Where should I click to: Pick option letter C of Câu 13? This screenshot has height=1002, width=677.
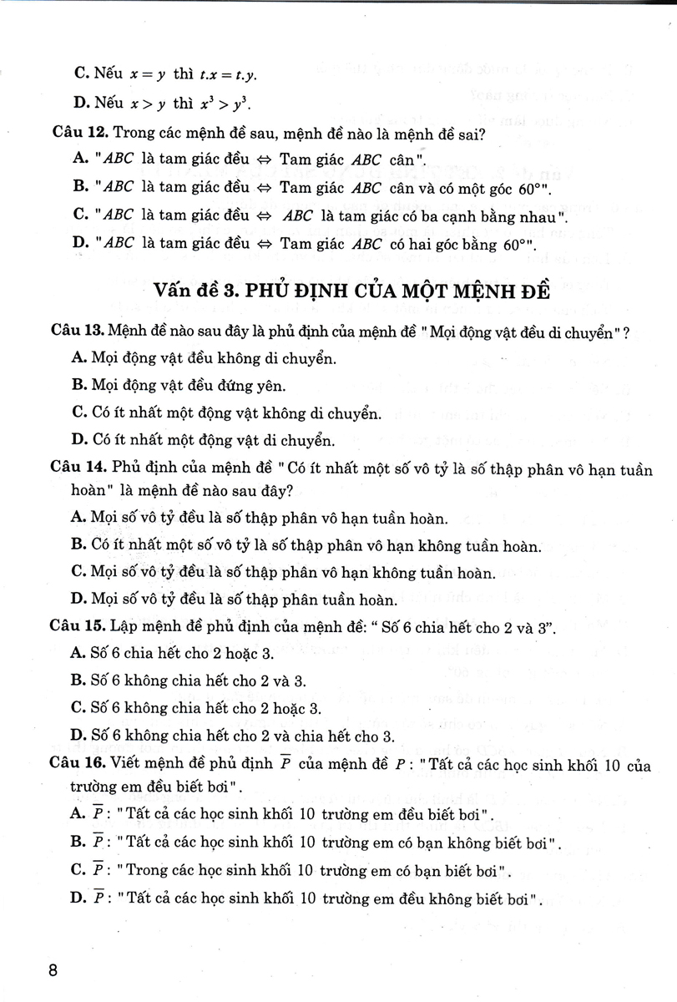tap(80, 412)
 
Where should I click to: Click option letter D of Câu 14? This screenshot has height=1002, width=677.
tap(80, 598)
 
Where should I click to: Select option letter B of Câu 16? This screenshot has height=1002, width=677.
tap(80, 843)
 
